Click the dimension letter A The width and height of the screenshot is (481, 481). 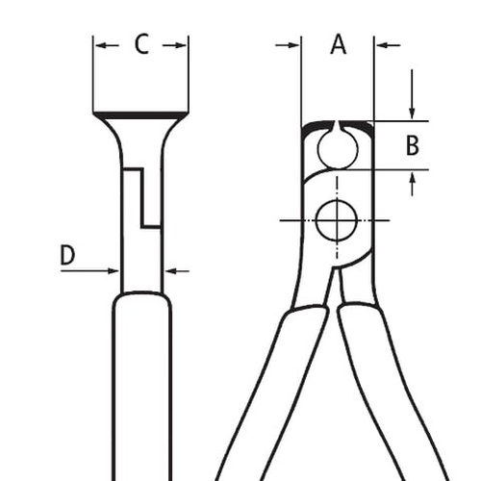[339, 45]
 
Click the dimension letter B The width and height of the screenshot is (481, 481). [413, 145]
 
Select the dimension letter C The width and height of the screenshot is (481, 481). [141, 44]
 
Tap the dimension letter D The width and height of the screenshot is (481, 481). [67, 255]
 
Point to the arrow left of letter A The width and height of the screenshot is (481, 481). [288, 45]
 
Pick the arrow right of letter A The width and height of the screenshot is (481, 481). [389, 45]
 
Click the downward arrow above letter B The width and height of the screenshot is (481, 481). [413, 93]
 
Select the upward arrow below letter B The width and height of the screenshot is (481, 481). [413, 184]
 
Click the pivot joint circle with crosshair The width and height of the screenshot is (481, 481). [337, 220]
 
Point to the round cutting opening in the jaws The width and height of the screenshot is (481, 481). [338, 149]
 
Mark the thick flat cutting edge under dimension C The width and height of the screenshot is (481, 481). [140, 114]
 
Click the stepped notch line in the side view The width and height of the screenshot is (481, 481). [142, 197]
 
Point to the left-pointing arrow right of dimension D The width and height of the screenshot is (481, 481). [177, 271]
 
